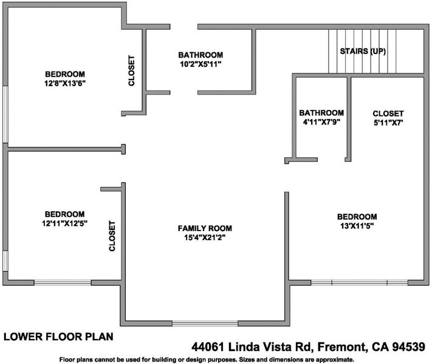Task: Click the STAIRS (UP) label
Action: (363, 51)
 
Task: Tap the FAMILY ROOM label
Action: (205, 228)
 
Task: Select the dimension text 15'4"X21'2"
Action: (205, 237)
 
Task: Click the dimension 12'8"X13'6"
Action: (65, 83)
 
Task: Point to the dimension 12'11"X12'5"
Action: (65, 223)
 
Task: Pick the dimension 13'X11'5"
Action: (357, 226)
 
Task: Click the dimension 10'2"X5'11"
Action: (201, 64)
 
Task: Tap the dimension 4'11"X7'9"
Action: (321, 122)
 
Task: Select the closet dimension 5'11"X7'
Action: (388, 123)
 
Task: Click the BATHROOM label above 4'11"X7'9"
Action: (321, 113)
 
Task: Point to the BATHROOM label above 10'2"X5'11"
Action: (201, 55)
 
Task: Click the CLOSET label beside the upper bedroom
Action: (131, 71)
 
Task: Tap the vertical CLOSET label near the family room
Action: (112, 236)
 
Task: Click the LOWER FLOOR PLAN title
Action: (58, 337)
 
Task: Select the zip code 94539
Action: (408, 346)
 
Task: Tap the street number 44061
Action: (208, 346)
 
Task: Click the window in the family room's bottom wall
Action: (205, 323)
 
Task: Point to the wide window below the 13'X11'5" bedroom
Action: (359, 283)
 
